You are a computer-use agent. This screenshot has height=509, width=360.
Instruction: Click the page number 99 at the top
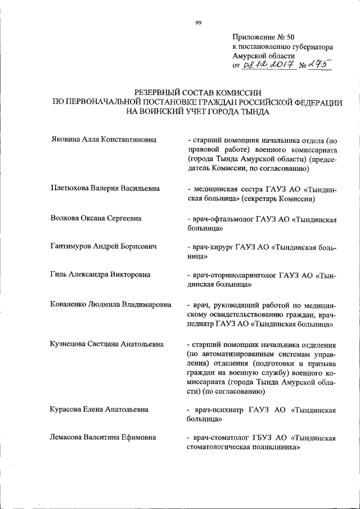198,22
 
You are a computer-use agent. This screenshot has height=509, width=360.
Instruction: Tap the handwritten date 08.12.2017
265,66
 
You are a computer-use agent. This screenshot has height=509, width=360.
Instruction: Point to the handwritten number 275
317,65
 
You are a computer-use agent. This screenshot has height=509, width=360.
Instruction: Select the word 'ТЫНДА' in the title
254,111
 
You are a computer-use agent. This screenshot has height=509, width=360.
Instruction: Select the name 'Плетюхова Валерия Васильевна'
105,188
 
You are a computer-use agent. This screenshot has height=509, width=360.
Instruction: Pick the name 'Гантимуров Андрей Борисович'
103,246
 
